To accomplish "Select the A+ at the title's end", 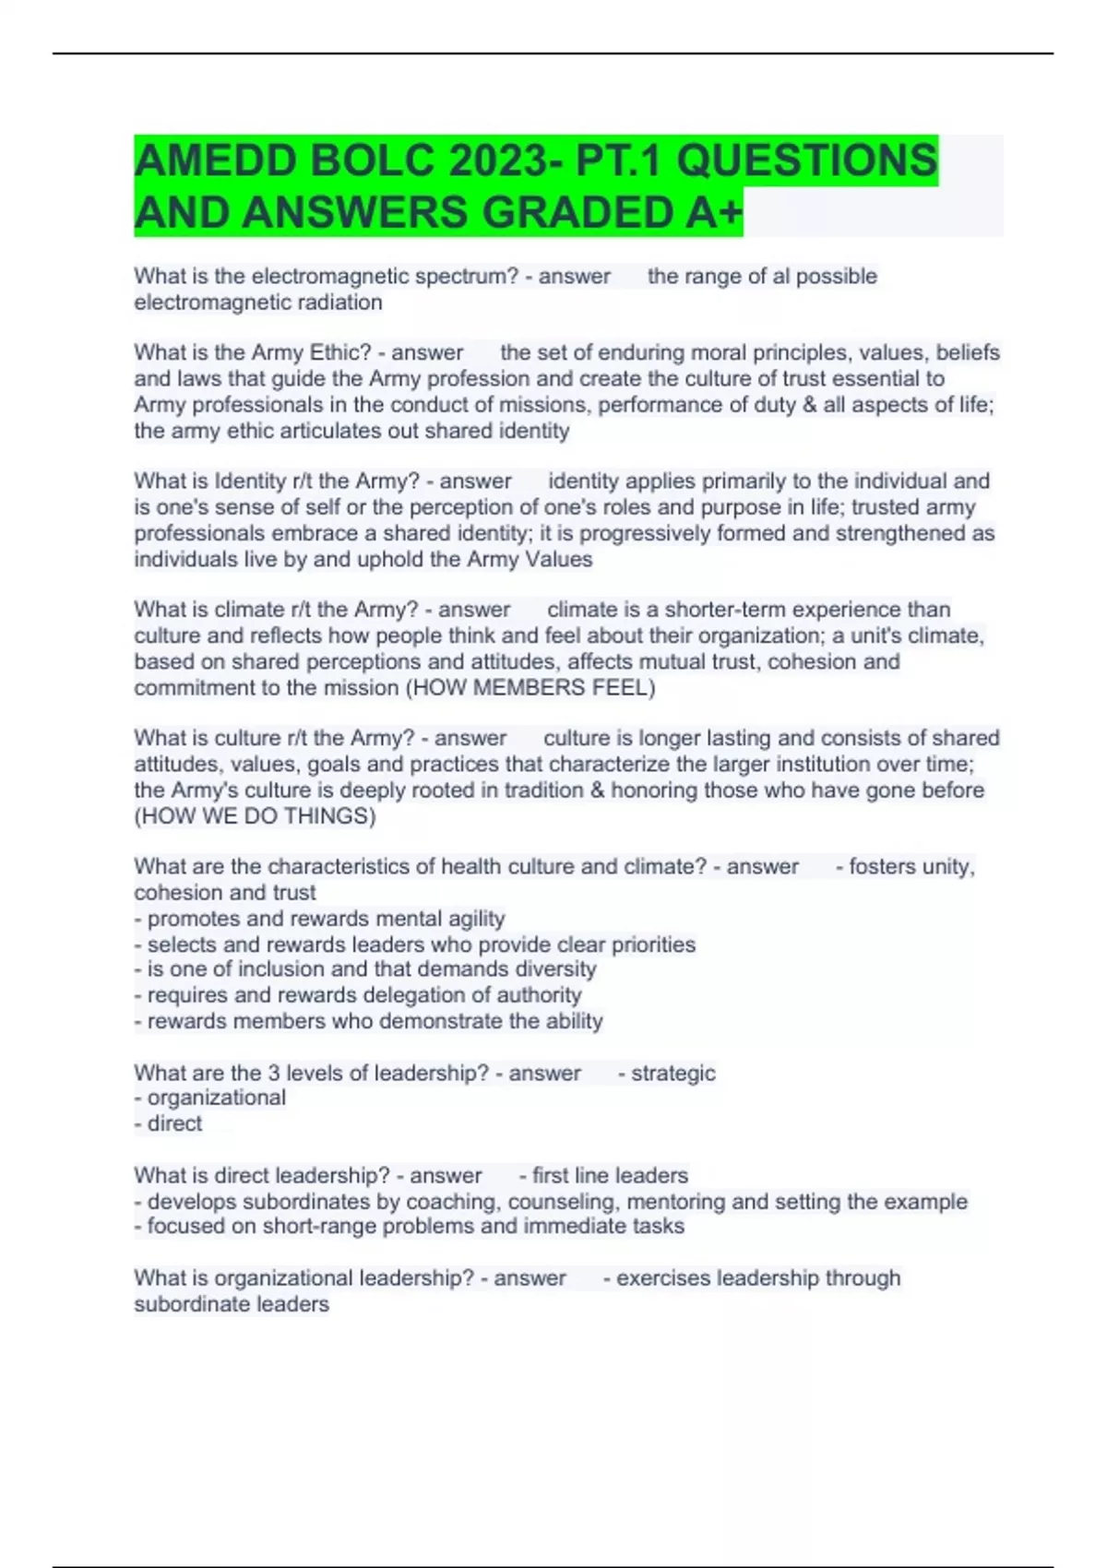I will click(714, 213).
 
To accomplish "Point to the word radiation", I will click(338, 303).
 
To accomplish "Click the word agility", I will click(475, 919).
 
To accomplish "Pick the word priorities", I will click(653, 944).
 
